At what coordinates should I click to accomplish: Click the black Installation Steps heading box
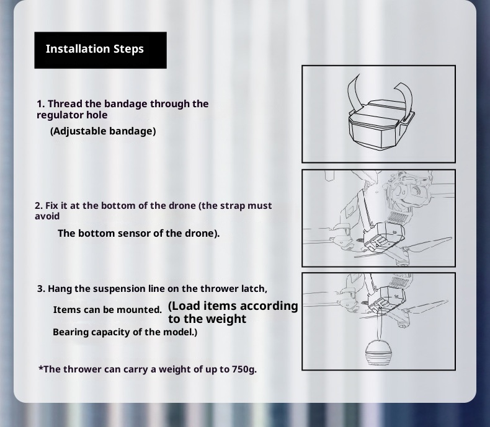(100, 50)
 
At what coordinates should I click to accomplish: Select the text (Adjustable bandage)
(103, 131)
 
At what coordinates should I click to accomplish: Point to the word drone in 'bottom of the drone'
(182, 206)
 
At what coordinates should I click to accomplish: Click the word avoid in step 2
(47, 216)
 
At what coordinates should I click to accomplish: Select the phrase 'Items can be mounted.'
(107, 310)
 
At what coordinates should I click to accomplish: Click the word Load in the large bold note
(184, 306)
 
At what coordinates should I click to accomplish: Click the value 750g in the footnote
(244, 369)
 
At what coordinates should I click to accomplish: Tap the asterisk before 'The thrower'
(40, 368)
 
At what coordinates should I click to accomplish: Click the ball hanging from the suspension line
(379, 353)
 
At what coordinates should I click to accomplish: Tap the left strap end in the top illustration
(354, 93)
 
